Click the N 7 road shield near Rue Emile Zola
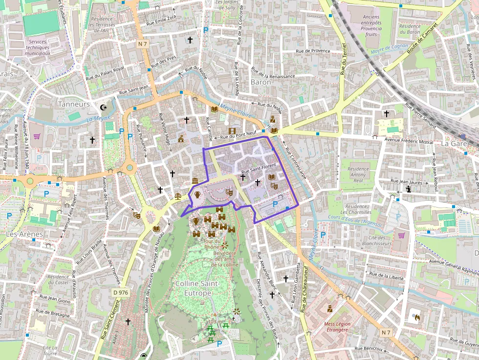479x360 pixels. (142, 44)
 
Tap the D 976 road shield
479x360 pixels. (120, 293)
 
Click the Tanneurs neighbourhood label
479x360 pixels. (74, 104)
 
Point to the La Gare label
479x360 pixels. (454, 144)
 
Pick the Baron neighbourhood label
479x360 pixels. (261, 82)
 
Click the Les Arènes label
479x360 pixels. (24, 234)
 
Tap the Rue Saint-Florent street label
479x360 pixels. (259, 169)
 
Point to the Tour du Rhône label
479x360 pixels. (212, 244)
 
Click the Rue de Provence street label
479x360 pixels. (313, 51)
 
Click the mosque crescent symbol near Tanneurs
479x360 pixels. (103, 107)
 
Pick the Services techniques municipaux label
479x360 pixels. (38, 47)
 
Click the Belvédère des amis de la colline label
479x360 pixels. (224, 258)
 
